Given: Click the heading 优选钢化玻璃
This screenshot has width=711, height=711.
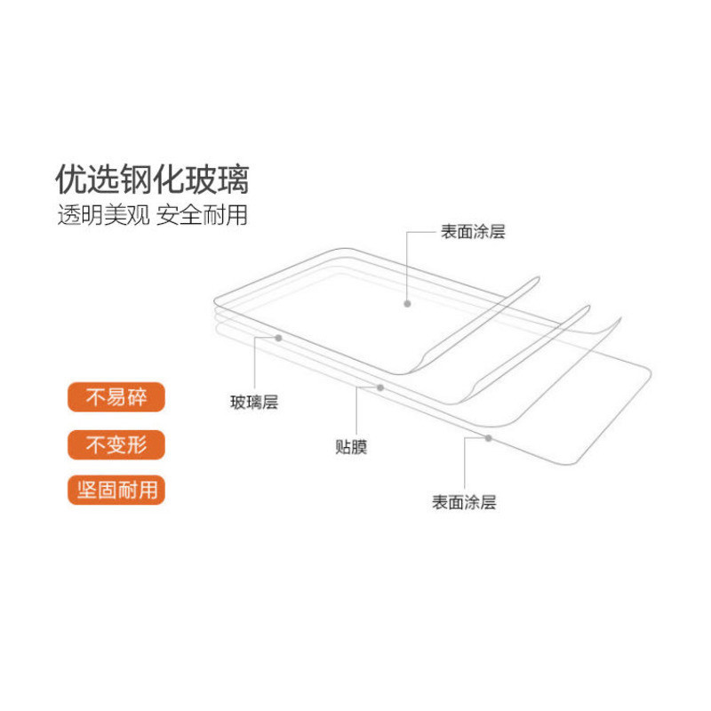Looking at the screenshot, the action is point(152,180).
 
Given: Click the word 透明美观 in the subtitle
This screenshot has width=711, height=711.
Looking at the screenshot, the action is point(103,215).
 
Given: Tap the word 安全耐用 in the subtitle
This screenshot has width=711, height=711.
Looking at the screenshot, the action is point(203,215).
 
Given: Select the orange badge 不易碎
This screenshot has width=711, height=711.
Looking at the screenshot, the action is point(116,397).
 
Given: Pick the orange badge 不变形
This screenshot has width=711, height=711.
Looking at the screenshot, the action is point(116,444).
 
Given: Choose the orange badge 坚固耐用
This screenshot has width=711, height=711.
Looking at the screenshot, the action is point(116,491).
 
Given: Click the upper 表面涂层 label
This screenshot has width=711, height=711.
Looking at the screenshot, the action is point(473,232).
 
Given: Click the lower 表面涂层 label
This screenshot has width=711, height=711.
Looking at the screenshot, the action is point(464,502).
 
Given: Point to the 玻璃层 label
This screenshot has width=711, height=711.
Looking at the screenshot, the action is point(254,403).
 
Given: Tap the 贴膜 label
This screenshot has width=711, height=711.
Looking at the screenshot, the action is point(351,447).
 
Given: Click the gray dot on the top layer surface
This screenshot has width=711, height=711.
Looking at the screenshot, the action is point(407,304).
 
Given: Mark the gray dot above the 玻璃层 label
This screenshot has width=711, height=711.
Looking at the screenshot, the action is point(279,339).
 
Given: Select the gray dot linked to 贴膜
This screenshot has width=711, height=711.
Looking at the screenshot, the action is point(380,387).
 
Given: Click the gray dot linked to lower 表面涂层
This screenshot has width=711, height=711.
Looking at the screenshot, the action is point(488,438).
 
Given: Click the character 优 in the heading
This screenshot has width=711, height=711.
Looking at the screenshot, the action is point(71,180).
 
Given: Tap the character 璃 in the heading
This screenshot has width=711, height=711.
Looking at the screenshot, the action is point(234,180).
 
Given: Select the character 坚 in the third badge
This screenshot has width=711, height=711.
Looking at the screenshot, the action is point(86,491).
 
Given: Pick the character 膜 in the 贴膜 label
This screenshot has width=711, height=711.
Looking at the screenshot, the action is point(360,447).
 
